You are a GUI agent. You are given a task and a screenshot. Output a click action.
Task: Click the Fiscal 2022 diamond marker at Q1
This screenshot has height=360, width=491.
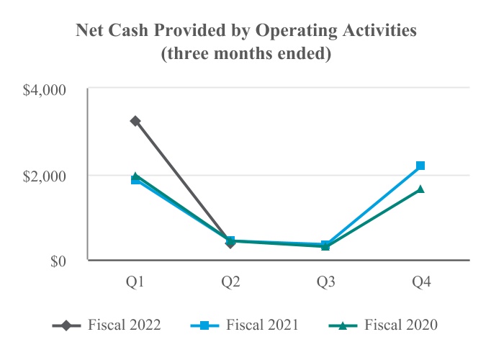pos(135,121)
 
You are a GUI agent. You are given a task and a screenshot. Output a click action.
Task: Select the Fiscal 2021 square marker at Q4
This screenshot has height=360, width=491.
pos(420,166)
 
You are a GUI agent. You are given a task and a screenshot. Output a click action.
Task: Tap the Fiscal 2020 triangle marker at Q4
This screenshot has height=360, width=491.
pos(420,189)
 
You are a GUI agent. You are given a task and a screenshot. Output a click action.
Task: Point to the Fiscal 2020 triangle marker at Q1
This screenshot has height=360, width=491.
pos(135,176)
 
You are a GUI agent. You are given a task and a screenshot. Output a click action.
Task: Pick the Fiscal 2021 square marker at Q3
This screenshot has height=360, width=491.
pos(325,245)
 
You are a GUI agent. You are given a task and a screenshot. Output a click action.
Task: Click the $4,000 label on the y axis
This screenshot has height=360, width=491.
pos(45,90)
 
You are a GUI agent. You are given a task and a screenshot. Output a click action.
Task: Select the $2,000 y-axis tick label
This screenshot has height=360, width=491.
pos(45,176)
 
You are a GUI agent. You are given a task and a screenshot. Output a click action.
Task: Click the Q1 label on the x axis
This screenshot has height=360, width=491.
pos(135,283)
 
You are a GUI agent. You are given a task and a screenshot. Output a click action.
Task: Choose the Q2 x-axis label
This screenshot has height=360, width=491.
pos(230,283)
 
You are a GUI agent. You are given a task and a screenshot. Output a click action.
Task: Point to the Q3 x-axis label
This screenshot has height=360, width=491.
pos(325,283)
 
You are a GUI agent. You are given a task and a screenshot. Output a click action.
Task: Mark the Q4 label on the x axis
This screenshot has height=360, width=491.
pos(420,283)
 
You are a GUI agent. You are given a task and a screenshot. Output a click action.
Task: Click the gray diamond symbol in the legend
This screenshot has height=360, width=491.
pos(67,325)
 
